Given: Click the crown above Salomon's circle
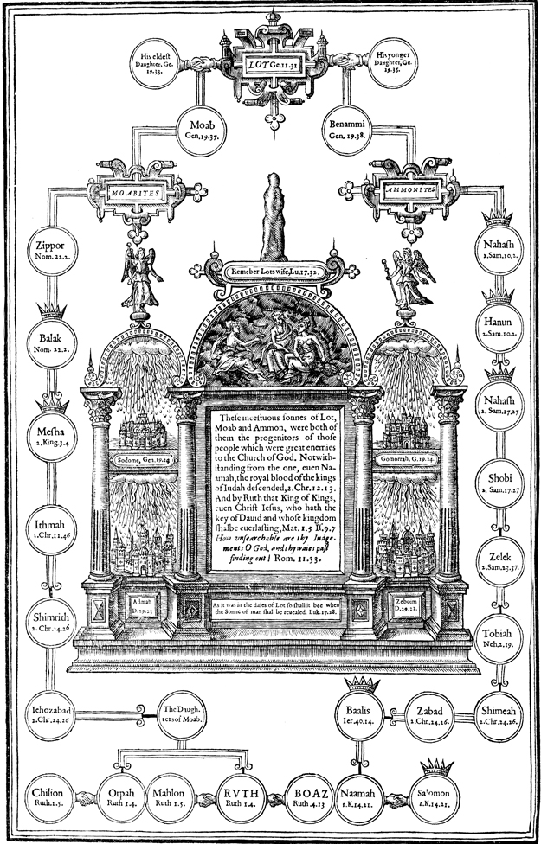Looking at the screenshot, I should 436,767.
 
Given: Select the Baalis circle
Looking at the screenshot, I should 357,715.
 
